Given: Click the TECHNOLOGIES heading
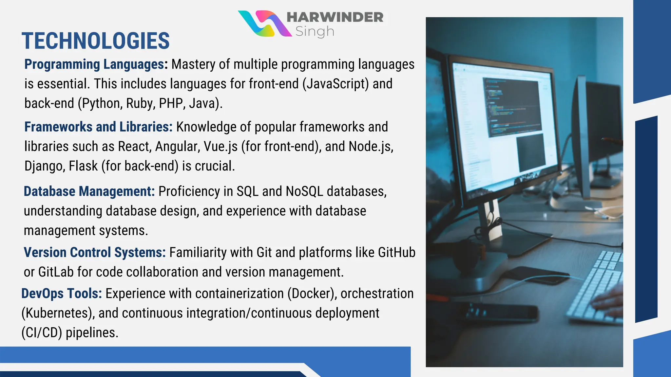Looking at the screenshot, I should tap(96, 41).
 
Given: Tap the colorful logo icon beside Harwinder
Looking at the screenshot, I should tap(264, 24).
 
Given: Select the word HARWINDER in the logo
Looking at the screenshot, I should tap(335, 17).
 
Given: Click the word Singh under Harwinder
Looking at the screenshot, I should tap(315, 31).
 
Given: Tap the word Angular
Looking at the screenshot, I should tap(177, 147).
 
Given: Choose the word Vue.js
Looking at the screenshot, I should tap(220, 147).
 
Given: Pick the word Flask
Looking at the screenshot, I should tap(83, 166).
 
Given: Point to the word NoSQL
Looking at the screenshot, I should tap(304, 191).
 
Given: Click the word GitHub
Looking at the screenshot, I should tap(396, 253).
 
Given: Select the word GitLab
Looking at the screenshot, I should tap(56, 272).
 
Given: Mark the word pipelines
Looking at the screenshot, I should tap(92, 333).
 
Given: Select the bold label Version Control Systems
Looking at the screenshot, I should tap(95, 253).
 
